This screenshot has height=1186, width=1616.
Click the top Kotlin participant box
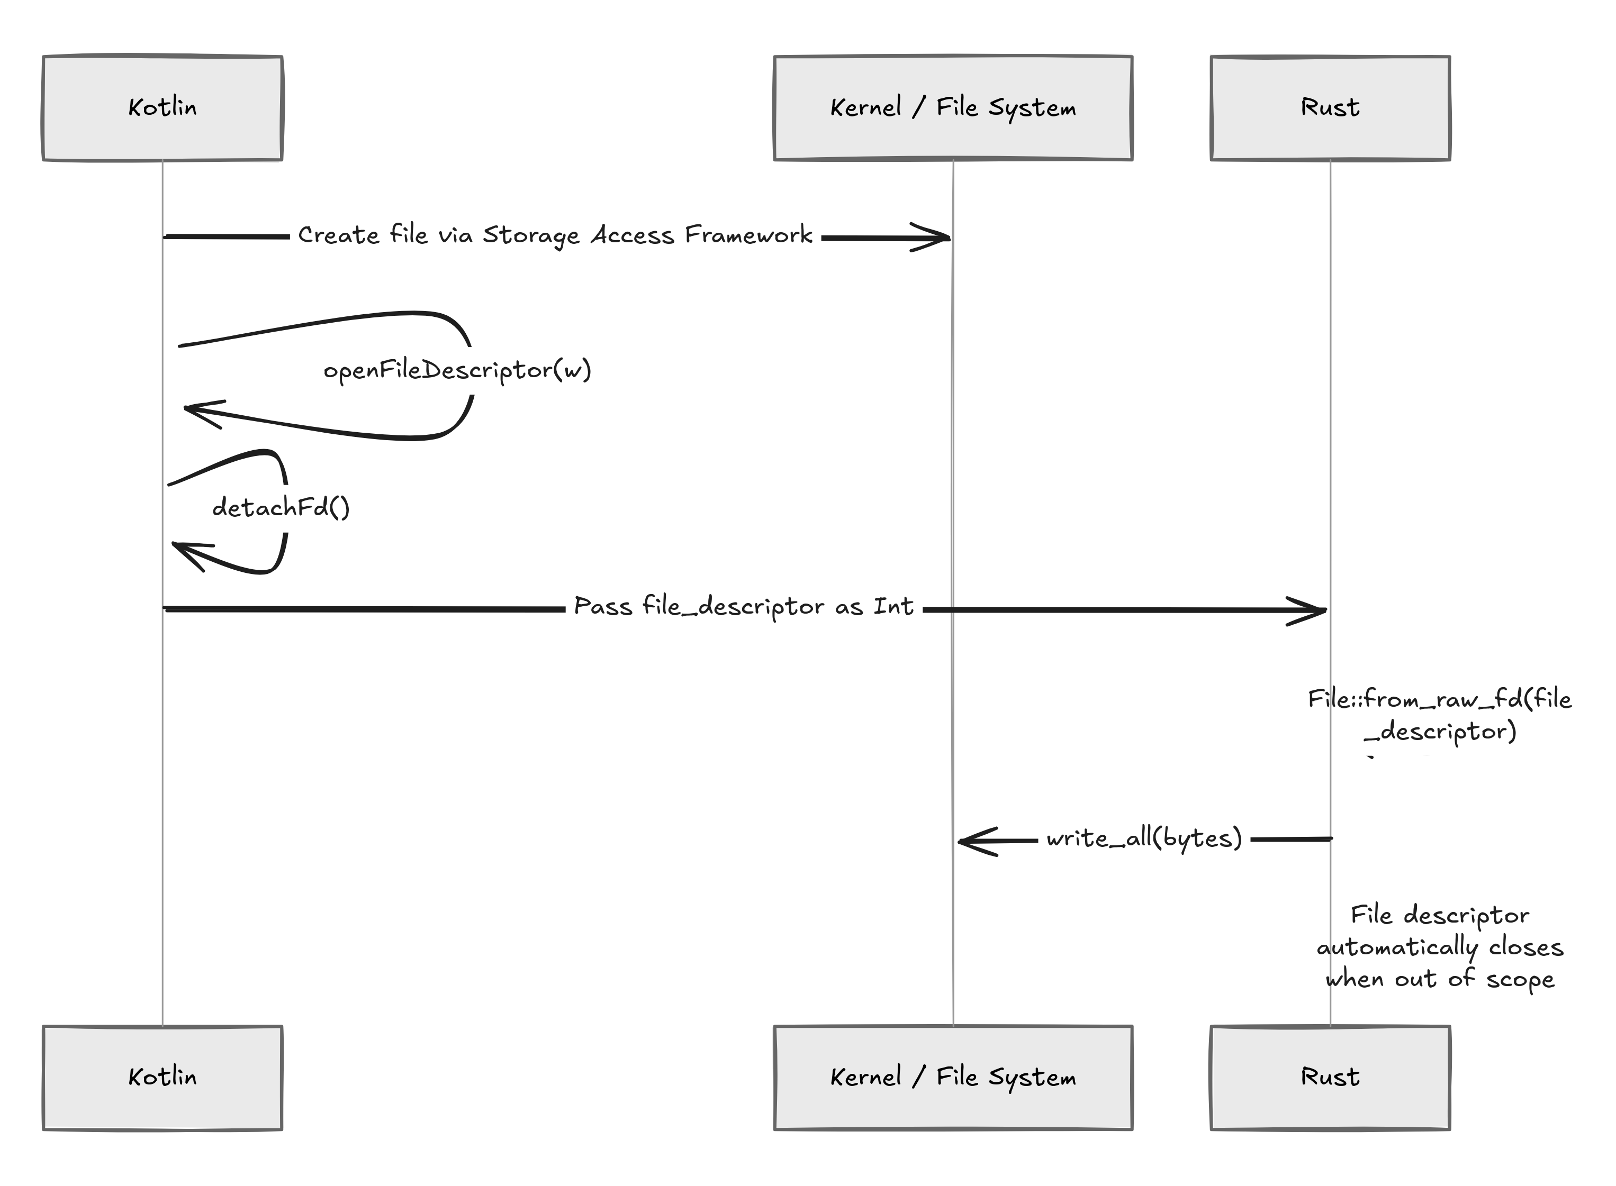coord(162,108)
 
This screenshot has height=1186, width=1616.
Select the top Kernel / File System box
coord(953,108)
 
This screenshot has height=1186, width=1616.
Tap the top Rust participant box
coord(1330,108)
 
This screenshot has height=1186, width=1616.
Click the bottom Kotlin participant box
coord(162,1078)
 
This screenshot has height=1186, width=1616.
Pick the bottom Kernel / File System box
coord(953,1078)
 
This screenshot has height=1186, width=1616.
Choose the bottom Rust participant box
coord(1330,1078)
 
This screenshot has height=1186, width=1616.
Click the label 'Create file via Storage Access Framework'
coord(555,235)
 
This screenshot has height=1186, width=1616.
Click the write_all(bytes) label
coord(1144,838)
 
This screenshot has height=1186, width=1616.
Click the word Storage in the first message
coord(530,235)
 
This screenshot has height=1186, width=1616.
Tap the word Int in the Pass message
coord(893,607)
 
